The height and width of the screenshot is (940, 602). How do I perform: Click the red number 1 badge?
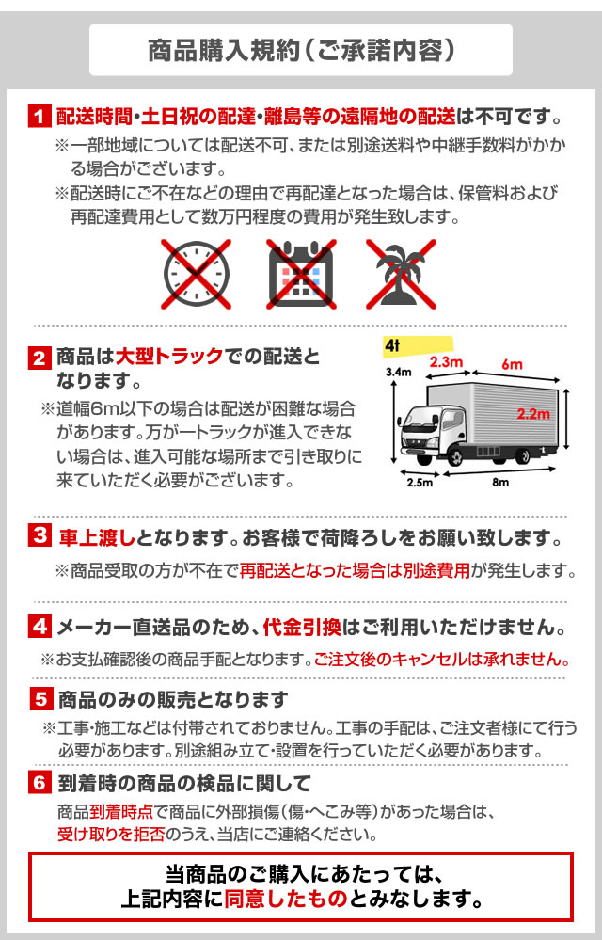(40, 117)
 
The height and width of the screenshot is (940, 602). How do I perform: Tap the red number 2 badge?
(40, 358)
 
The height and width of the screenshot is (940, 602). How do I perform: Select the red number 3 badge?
(40, 535)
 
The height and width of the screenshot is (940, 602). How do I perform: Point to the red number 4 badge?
(40, 627)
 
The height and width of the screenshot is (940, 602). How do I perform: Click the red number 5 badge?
(40, 699)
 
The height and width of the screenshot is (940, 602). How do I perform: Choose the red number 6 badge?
(40, 782)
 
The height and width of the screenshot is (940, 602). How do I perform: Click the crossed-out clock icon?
(196, 274)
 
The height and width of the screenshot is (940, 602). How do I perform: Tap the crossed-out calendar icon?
(301, 274)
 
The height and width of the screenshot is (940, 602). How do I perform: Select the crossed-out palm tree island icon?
(402, 274)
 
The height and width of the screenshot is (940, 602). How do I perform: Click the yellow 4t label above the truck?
(417, 346)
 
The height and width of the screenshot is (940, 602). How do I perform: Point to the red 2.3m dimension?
(446, 362)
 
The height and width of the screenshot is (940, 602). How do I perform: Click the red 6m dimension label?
(512, 364)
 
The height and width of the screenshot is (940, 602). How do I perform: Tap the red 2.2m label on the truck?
(533, 414)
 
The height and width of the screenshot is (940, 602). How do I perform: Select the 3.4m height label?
(398, 373)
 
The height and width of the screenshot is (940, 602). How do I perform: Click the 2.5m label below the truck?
(420, 483)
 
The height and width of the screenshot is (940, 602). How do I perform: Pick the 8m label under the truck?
(500, 483)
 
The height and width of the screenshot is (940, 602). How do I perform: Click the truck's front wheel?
(455, 456)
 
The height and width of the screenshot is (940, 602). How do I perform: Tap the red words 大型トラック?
(169, 356)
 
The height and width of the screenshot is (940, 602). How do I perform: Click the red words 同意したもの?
(286, 899)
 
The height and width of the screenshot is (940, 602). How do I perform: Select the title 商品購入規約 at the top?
(224, 51)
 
